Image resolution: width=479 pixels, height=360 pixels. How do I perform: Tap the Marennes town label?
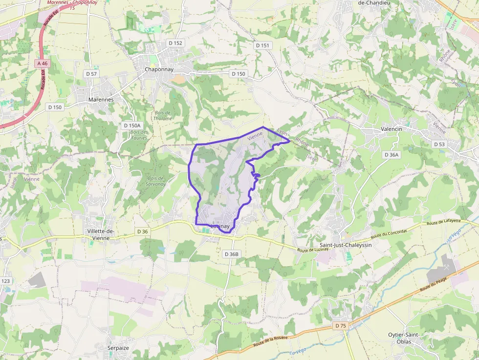point(101,100)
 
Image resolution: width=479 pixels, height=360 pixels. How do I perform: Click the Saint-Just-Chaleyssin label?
point(346,245)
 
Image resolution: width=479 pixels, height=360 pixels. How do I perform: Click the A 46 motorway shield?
point(43,64)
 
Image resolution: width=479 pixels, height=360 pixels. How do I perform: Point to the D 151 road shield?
point(262,45)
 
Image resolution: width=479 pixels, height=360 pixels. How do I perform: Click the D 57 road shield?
point(91,74)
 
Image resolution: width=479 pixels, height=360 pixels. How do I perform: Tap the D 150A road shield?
point(132,126)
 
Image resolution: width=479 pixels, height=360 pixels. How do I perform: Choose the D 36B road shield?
point(232,254)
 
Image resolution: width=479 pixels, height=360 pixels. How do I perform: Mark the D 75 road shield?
point(341,325)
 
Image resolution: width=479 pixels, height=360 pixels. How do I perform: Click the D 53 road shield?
point(439,144)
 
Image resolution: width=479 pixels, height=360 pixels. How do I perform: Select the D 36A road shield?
point(391,154)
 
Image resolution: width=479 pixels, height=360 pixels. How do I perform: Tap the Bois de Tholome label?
point(163,115)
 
